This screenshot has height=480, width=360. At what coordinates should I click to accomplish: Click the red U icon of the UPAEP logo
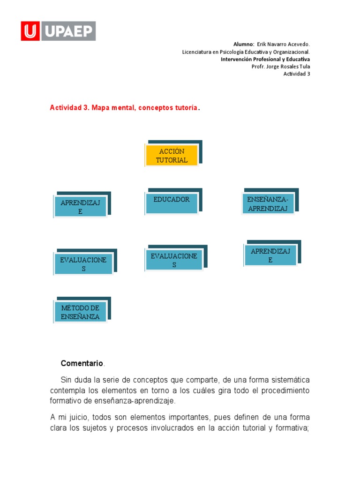[x=30, y=31]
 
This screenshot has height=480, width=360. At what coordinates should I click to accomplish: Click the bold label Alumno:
[x=244, y=44]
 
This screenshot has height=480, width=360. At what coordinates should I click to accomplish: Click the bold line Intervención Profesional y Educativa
[x=265, y=60]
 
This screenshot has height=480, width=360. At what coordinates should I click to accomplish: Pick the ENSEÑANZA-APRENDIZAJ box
[x=268, y=204]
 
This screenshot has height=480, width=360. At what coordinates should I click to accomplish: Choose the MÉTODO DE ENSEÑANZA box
[x=80, y=312]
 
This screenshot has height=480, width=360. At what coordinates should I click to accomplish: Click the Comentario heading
[x=82, y=363]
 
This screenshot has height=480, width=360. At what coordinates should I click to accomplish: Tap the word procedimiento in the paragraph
[x=284, y=390]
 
